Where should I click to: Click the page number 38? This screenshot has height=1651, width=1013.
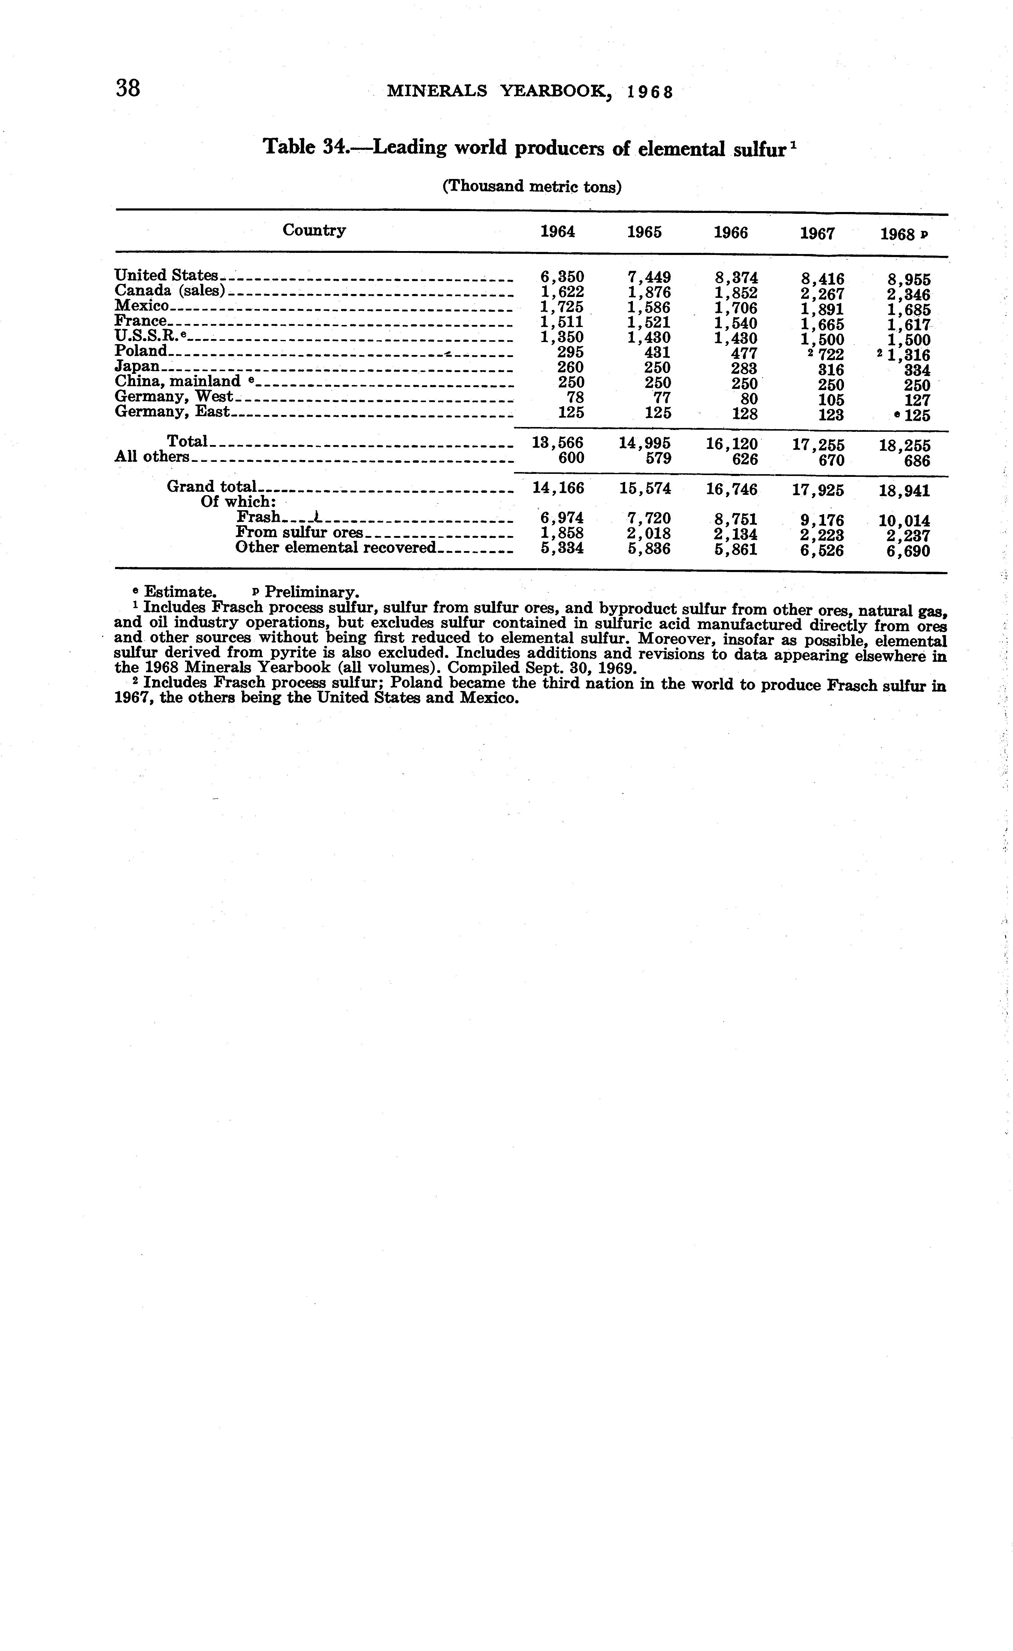click(128, 88)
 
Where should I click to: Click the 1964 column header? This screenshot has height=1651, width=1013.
click(558, 232)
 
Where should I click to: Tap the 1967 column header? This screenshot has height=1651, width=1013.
click(817, 233)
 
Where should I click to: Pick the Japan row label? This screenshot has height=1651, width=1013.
click(137, 366)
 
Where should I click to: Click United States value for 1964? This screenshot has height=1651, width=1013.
click(562, 276)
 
